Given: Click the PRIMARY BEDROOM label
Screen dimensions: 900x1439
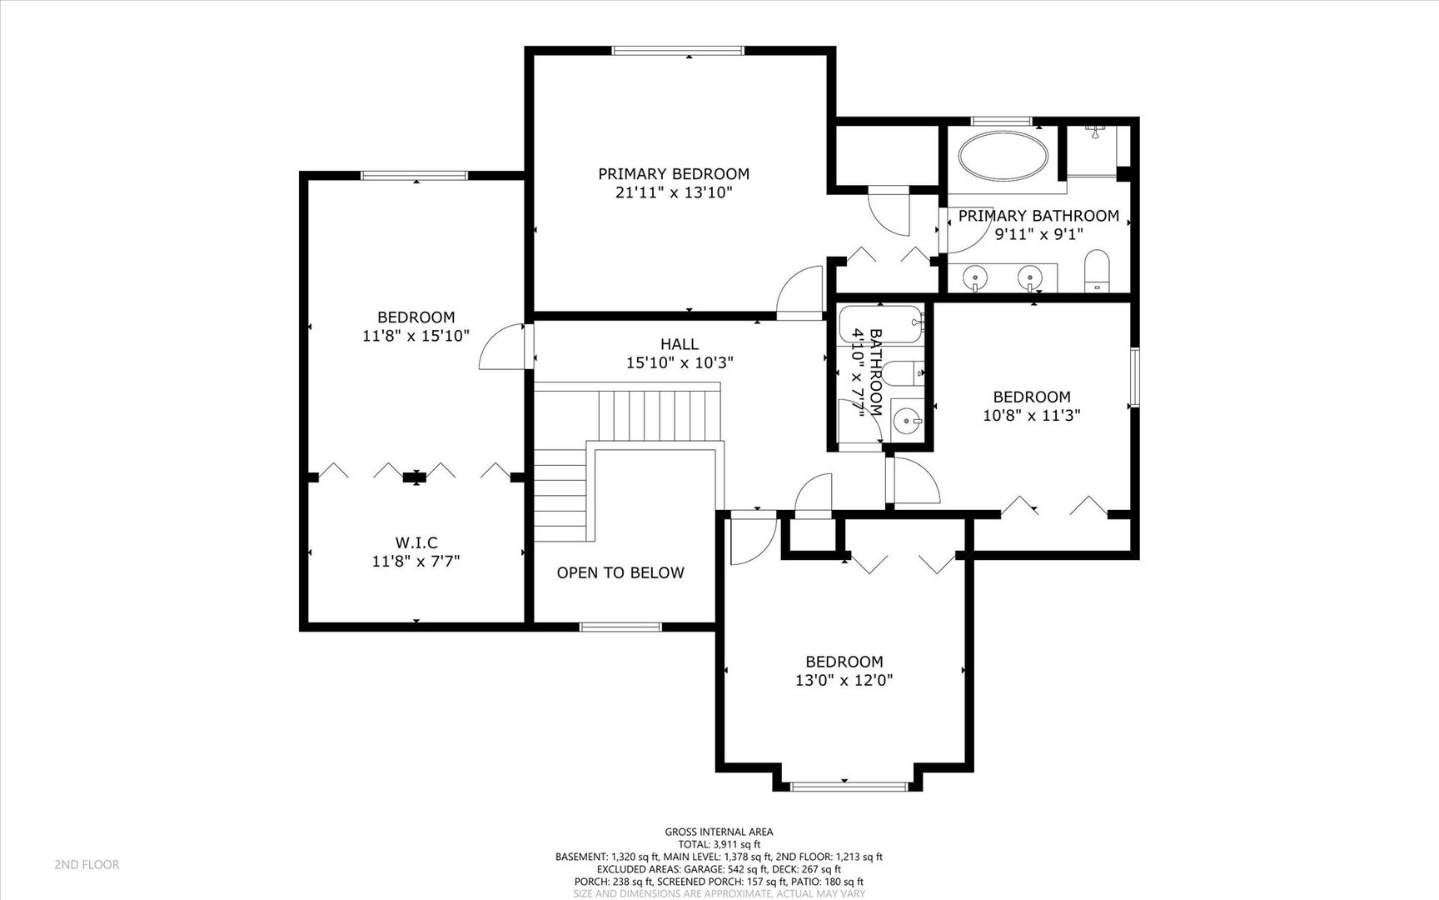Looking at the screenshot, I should [674, 174].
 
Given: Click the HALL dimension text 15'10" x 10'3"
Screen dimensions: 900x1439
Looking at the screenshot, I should [680, 362].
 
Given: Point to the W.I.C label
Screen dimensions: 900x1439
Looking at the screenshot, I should [416, 543].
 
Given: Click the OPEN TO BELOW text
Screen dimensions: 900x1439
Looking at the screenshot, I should [620, 572].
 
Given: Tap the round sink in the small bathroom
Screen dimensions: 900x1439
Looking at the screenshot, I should [907, 422].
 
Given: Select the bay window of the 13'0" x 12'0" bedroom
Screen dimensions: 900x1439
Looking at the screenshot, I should [849, 785].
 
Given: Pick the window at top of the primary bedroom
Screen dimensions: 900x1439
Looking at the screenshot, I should [678, 51].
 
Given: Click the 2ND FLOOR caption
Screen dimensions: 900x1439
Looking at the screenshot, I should [87, 864].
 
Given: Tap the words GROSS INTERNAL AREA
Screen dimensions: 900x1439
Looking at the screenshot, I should [719, 832].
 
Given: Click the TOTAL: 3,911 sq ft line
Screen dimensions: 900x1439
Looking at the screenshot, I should [719, 844].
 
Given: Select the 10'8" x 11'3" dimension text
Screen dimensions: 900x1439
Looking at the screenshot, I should [1032, 415].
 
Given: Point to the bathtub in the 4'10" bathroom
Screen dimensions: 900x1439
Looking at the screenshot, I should [881, 323].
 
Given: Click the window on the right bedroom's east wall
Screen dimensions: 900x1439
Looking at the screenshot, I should [1134, 377].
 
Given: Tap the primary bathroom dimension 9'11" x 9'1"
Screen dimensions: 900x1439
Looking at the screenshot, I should [1038, 234].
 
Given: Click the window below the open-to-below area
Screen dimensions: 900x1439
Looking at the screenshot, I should [620, 627].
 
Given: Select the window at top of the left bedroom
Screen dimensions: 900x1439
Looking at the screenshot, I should [414, 175].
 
